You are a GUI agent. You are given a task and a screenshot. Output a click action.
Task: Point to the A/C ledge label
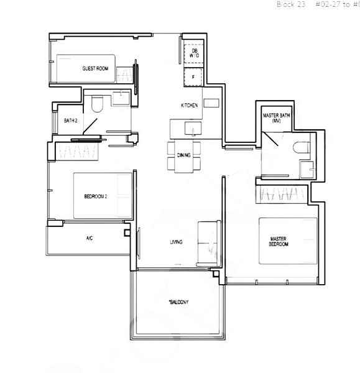click(x=90, y=238)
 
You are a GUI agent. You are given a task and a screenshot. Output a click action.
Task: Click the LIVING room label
click(x=176, y=242)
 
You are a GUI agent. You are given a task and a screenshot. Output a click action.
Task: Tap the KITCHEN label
click(x=189, y=106)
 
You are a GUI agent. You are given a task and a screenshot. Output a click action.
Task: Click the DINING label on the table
click(x=183, y=156)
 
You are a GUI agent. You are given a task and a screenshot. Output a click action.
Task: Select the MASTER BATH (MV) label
click(x=273, y=119)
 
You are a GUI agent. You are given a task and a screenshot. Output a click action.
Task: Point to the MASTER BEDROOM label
click(x=279, y=242)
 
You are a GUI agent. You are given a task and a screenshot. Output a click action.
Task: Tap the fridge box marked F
click(x=194, y=78)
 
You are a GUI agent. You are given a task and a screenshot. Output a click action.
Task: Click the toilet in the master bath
click(x=302, y=148)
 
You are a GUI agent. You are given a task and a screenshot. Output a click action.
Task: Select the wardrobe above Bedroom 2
click(x=78, y=150)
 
